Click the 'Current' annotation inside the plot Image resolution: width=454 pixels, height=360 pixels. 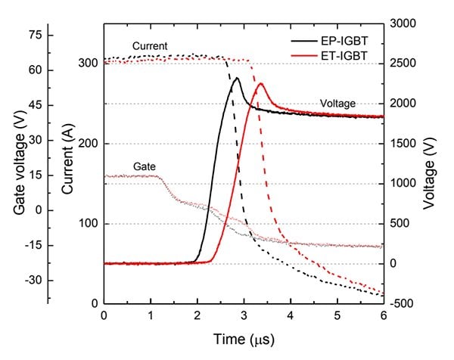tap(149, 46)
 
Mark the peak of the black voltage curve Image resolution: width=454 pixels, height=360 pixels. tap(237, 78)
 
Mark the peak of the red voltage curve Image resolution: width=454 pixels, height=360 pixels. tap(260, 83)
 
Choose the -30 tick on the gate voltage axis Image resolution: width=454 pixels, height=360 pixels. tap(33, 281)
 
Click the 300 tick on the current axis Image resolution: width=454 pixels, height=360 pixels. tap(90, 64)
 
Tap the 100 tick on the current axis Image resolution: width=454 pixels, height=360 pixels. tap(90, 224)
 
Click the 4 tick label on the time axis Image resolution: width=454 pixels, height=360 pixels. tap(291, 315)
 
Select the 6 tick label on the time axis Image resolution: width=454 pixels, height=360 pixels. tap(384, 315)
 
